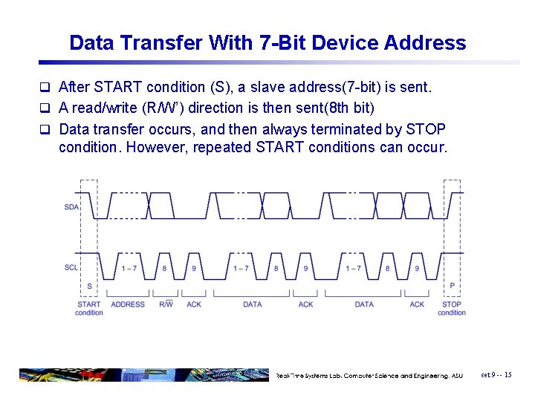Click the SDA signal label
pos(71,207)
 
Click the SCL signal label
pos(71,267)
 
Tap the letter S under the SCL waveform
pos(90,285)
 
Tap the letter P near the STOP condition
pos(452,285)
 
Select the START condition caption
pos(89,308)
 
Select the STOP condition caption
pos(451,308)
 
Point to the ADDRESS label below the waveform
pos(128,304)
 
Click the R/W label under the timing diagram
pos(166,304)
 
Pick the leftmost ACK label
pos(194,304)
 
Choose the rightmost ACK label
pos(417,304)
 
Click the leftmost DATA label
pos(252,304)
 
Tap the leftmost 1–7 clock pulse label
pos(129,268)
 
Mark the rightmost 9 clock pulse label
pos(417,268)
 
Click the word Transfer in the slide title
pos(158,43)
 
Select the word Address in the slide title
pos(425,43)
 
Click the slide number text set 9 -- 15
pos(496,375)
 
